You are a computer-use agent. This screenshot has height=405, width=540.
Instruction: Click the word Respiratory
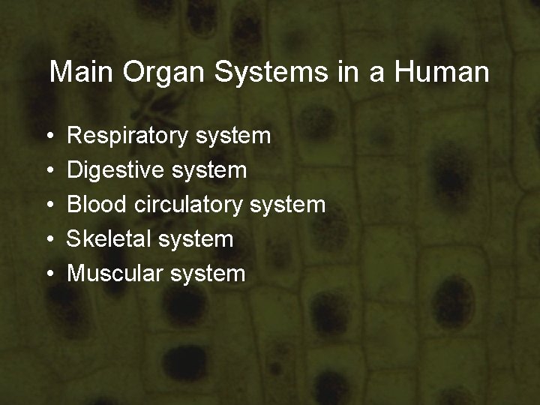(x=127, y=136)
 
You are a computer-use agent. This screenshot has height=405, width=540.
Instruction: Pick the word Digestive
(x=115, y=170)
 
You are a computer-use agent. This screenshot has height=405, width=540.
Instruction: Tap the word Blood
(x=97, y=204)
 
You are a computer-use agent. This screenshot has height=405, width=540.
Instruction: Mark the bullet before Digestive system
(x=48, y=171)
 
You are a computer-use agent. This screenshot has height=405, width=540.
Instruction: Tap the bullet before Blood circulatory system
(x=48, y=205)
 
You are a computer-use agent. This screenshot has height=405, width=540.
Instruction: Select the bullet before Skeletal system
(x=48, y=240)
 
